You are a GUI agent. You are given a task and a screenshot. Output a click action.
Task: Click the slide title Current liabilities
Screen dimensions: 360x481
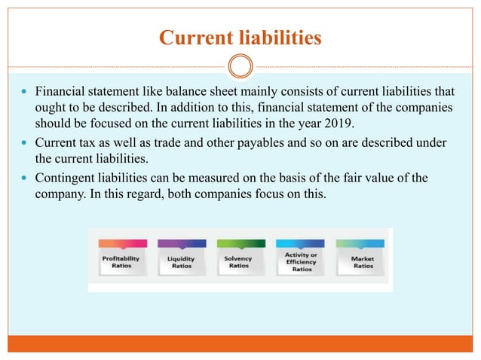(x=240, y=37)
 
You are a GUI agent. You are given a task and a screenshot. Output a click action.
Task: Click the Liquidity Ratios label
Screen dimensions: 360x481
(x=181, y=262)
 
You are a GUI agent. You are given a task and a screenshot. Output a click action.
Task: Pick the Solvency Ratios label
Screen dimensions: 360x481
(x=239, y=262)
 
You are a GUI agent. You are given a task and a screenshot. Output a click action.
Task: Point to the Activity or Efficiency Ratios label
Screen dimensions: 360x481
(x=301, y=262)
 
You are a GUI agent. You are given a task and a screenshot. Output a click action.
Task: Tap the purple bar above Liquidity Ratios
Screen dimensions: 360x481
(x=181, y=243)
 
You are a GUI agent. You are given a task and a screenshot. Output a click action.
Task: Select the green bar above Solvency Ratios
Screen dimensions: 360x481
(x=240, y=243)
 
